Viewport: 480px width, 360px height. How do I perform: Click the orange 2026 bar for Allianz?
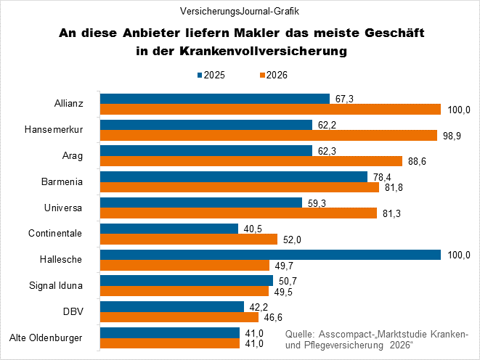click(270, 109)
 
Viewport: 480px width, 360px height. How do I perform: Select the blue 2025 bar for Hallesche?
click(270, 255)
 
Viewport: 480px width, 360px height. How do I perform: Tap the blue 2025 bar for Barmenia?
click(233, 176)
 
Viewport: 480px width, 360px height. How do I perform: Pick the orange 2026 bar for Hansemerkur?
click(268, 135)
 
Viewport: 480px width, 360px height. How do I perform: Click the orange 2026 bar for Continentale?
click(189, 240)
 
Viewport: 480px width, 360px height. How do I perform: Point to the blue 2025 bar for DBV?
click(171, 306)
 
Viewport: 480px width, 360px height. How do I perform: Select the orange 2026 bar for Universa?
click(238, 213)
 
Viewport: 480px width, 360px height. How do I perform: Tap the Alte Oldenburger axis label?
click(50, 337)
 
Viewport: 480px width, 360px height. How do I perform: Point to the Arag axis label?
click(71, 155)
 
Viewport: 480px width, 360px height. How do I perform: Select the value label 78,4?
click(382, 176)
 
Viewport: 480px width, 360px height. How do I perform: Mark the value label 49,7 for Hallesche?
click(284, 266)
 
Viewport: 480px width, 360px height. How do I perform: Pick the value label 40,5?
click(253, 229)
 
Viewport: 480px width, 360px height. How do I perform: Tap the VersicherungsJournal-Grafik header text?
click(240, 12)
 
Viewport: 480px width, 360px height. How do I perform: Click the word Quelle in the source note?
click(301, 333)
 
